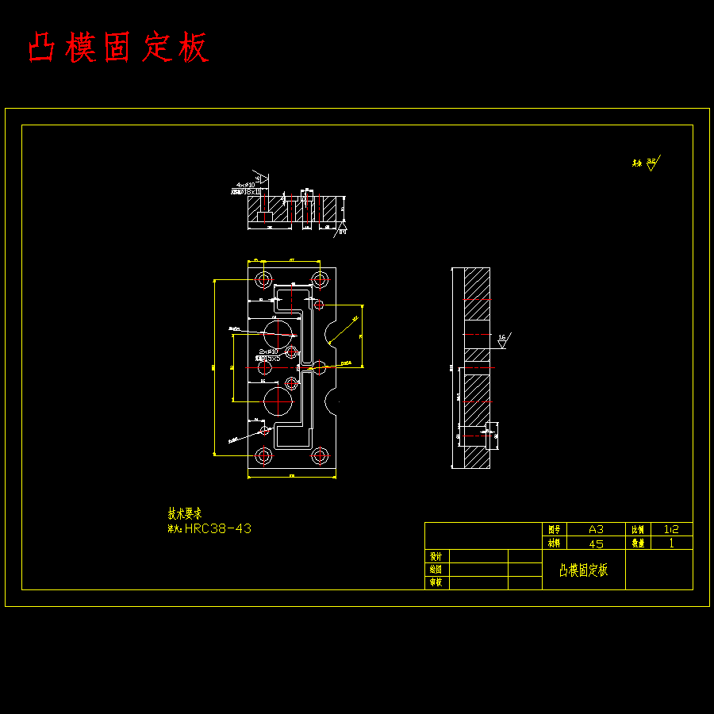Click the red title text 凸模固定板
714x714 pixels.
point(118,48)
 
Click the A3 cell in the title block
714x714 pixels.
point(595,529)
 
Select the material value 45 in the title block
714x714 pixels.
point(595,543)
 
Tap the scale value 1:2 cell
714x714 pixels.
point(670,529)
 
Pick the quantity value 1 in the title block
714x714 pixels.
point(671,543)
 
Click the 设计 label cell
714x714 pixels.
point(435,556)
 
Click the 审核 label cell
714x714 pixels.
point(435,582)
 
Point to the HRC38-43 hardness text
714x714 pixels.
point(217,528)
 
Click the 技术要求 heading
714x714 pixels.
point(184,513)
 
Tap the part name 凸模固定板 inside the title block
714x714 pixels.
point(583,570)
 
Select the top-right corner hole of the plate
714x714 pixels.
point(320,279)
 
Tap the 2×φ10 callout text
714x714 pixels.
point(268,351)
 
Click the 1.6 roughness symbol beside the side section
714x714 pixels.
point(504,340)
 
